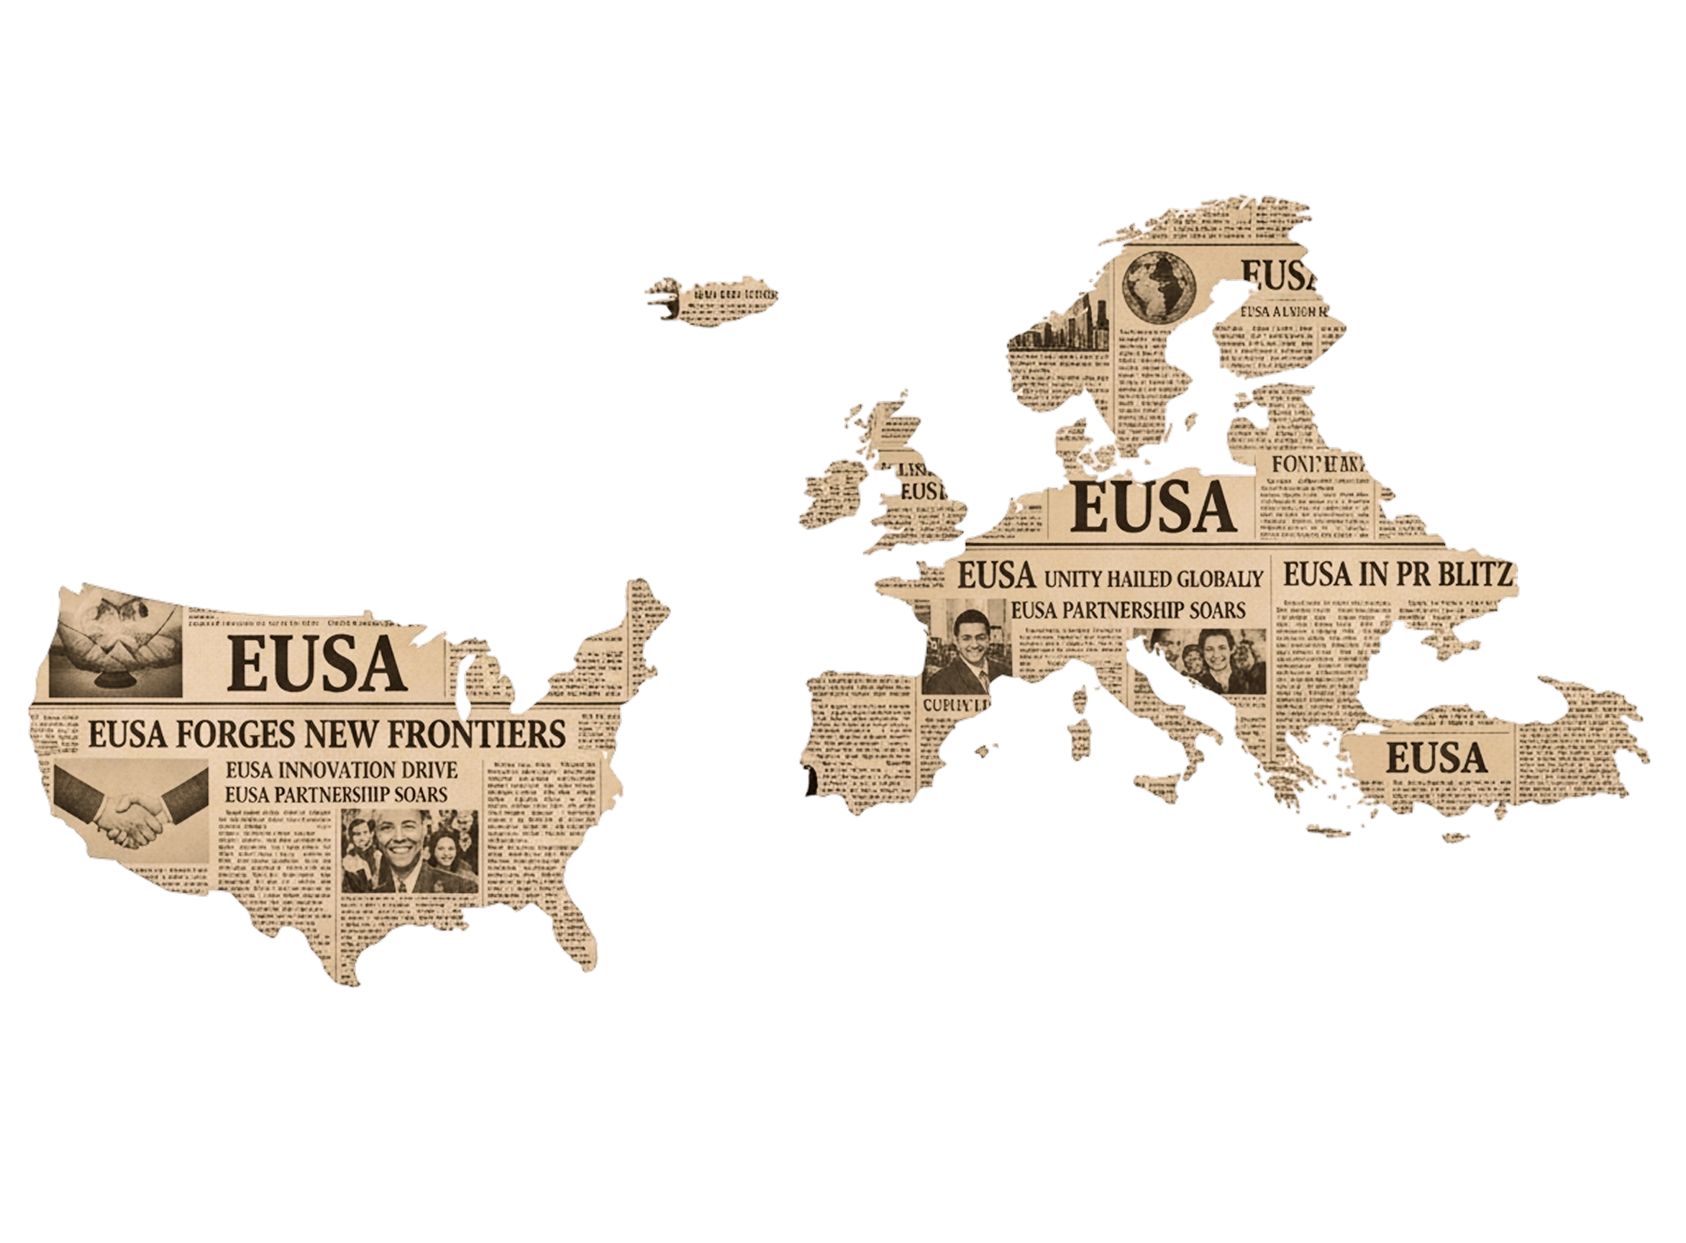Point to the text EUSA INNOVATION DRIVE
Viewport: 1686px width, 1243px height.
tap(341, 770)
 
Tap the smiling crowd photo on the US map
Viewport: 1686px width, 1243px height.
tap(409, 852)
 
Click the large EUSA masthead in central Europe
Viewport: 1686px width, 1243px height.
tap(1152, 506)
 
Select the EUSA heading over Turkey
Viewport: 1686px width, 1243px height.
tap(1436, 757)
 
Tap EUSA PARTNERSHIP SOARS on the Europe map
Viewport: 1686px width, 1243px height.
tap(1128, 610)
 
